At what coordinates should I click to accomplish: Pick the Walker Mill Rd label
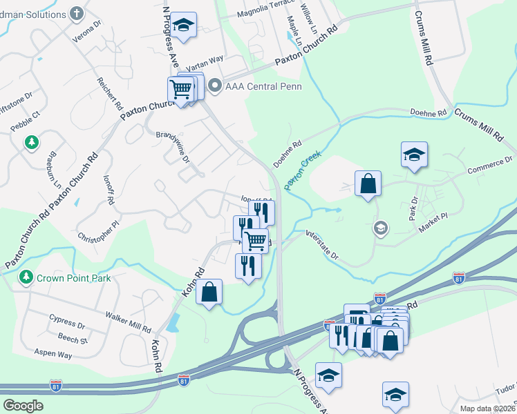point(128,321)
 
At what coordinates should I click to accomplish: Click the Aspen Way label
point(54,354)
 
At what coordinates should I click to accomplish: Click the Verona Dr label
point(93,26)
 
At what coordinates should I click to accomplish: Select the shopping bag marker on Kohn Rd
point(209,291)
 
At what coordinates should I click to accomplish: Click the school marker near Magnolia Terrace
point(183,26)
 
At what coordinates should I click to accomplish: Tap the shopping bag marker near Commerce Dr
point(368,184)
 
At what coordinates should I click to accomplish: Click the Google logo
point(23,406)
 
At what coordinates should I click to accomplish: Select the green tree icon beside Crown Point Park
point(26,277)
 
